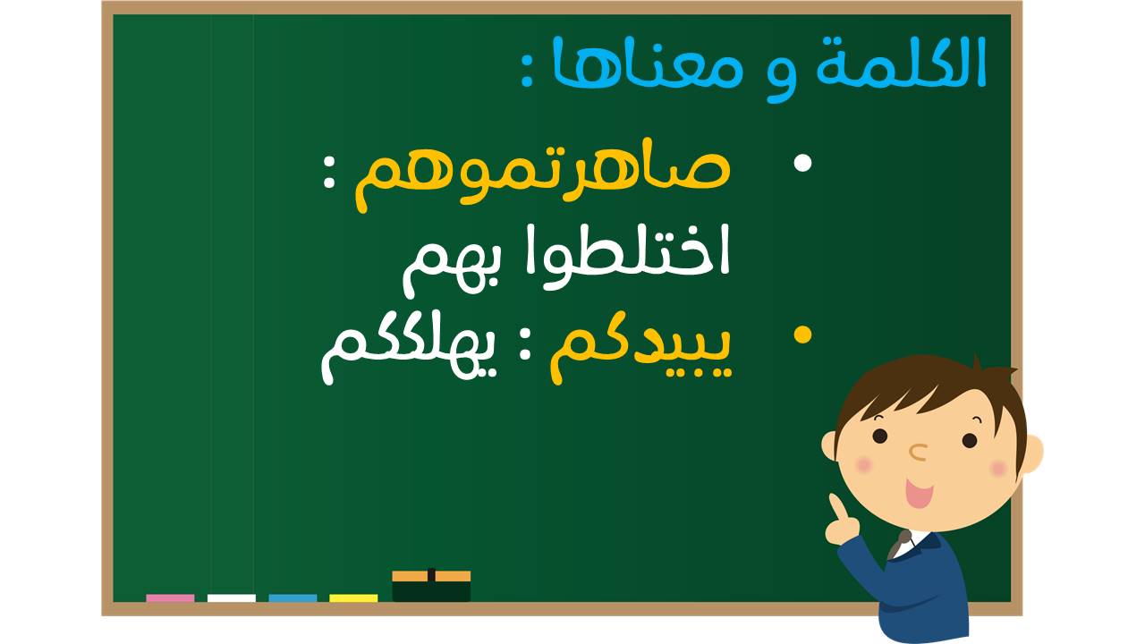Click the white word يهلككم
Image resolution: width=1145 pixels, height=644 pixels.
pos(409,352)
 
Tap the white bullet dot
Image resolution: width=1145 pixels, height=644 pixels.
pos(802,163)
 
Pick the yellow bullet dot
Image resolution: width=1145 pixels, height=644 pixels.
pos(802,335)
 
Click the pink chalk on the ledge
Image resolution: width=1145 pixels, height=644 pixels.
pos(170,598)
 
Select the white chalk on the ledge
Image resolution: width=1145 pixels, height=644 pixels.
pos(231,598)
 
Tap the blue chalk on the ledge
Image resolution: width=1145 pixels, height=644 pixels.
pos(293,598)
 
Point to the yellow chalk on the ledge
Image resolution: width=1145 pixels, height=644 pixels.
pos(353,598)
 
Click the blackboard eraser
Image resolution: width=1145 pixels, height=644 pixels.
pos(431,586)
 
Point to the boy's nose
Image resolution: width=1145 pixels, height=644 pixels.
pos(919,452)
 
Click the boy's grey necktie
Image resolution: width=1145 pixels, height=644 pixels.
pos(899,545)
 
